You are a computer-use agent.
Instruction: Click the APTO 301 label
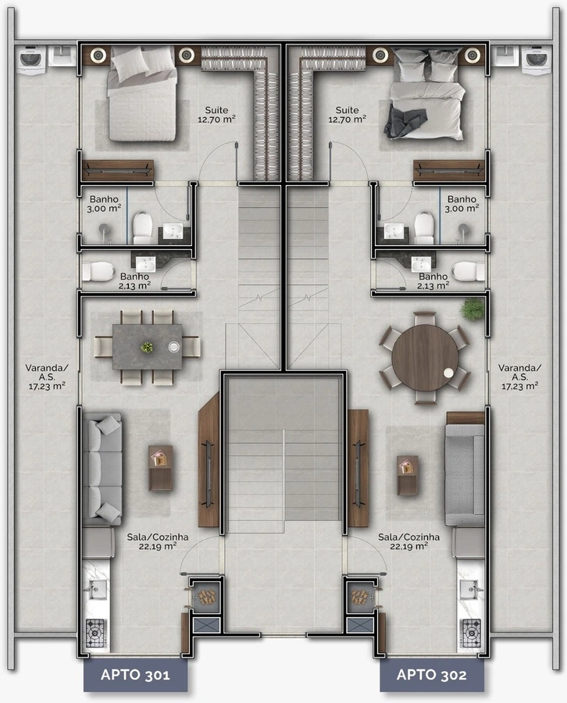click(x=135, y=675)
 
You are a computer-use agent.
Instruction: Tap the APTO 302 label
click(x=431, y=675)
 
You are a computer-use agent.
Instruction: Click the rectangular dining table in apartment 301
click(x=148, y=347)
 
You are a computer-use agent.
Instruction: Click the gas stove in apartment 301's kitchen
click(x=95, y=633)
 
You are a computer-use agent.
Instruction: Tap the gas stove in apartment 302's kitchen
click(x=471, y=633)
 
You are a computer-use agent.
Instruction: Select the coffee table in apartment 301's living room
click(x=160, y=468)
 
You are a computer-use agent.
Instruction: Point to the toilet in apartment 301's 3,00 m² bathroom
click(x=143, y=228)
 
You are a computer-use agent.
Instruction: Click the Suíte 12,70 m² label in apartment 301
click(x=216, y=115)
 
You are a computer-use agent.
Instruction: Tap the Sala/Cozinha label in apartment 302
click(x=408, y=541)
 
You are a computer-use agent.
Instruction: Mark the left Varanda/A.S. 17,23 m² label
click(x=47, y=377)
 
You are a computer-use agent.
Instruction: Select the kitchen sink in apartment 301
click(x=95, y=589)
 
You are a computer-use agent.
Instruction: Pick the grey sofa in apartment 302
click(x=465, y=474)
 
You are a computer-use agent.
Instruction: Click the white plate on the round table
click(x=448, y=372)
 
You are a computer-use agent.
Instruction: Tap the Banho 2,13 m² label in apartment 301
click(x=134, y=281)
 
